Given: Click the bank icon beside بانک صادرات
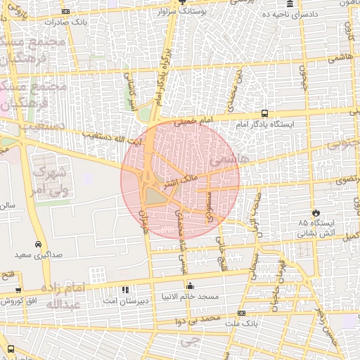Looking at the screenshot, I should click(66, 12).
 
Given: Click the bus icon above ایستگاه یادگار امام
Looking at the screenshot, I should click(264, 112).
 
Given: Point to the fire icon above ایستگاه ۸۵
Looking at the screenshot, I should click(316, 212).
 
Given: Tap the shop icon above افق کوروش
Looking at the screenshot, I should click(18, 290).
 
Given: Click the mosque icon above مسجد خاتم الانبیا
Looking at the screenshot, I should click(190, 286).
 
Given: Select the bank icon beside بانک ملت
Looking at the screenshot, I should click(241, 313).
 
